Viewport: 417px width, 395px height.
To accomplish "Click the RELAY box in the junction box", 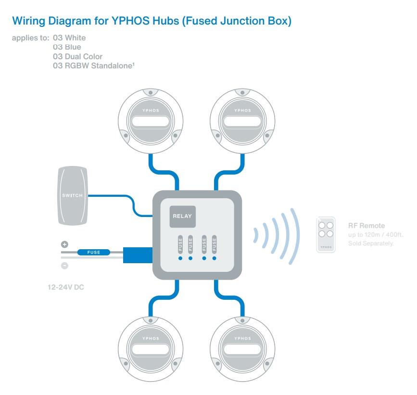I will [182, 216].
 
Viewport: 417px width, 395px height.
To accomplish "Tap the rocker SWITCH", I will [72, 195].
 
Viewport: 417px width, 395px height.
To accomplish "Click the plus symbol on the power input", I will [64, 244].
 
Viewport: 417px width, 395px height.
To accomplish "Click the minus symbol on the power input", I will [64, 265].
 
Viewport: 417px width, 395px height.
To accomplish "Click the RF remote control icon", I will [326, 234].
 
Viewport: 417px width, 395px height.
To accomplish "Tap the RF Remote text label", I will [366, 225].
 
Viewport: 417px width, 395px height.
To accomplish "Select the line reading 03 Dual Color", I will [77, 56].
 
